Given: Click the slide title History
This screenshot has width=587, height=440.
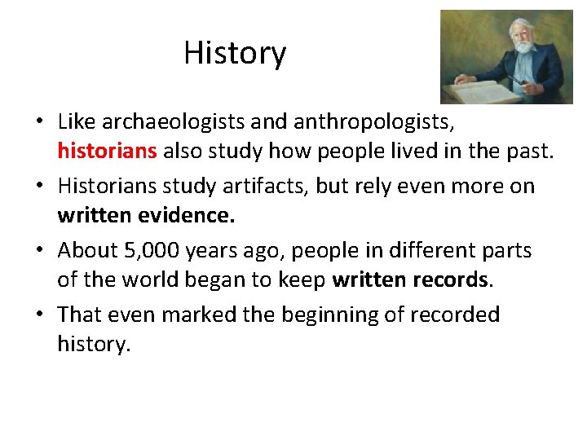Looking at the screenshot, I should (235, 53).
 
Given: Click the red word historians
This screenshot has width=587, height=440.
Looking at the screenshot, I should (108, 151).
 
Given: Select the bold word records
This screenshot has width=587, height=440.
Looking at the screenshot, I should (455, 279).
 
